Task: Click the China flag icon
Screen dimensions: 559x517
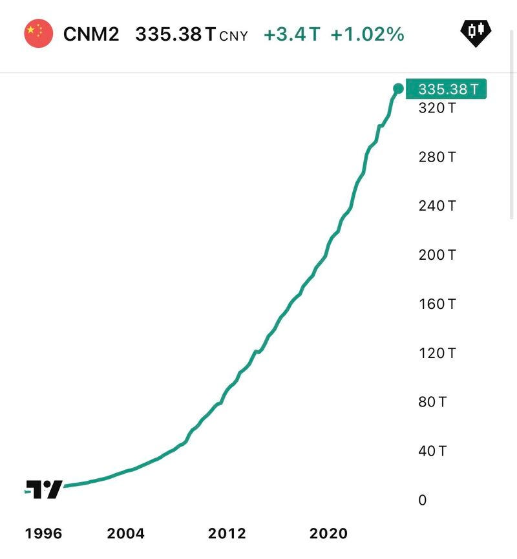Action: (38, 34)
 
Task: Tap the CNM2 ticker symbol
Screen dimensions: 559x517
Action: (91, 34)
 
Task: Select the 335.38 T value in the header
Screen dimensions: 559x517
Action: (175, 34)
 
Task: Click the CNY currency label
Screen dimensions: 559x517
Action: (233, 36)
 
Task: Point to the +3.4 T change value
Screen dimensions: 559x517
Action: (291, 34)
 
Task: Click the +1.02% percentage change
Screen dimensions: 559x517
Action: (367, 34)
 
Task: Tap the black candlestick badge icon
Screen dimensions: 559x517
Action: (476, 32)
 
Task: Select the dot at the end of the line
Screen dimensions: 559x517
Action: (398, 89)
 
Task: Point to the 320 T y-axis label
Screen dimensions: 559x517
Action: (437, 108)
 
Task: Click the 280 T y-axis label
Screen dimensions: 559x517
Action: (437, 157)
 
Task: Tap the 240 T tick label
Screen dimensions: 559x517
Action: (437, 206)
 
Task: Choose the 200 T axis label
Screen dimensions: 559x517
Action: (437, 255)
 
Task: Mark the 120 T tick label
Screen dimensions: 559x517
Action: (437, 353)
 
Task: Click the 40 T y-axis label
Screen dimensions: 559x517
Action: (433, 451)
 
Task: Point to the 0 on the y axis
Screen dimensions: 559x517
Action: (423, 500)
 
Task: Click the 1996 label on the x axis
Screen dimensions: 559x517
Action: (43, 534)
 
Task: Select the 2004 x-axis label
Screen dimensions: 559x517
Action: (126, 534)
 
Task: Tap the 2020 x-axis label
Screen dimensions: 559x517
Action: (328, 534)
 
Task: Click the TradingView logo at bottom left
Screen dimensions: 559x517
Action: (45, 489)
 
